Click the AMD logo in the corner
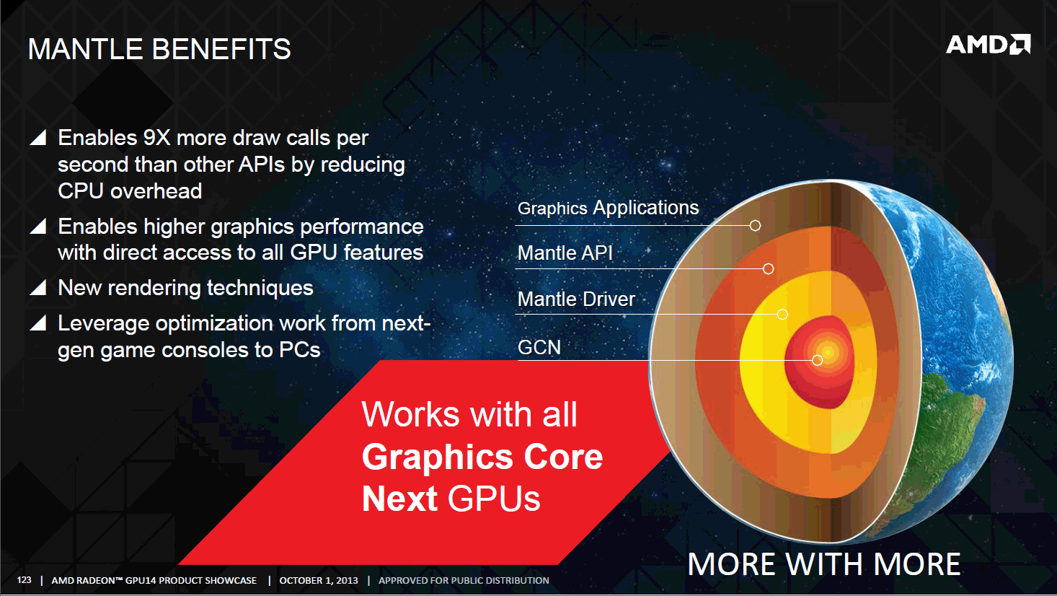click(x=988, y=45)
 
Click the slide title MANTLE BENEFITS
click(x=159, y=49)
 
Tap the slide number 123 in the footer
click(x=24, y=580)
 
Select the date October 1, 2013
click(x=319, y=580)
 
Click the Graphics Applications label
click(x=609, y=208)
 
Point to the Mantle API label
click(x=565, y=253)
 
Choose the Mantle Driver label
click(x=576, y=299)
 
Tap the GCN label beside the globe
click(x=539, y=348)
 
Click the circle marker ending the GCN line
click(x=818, y=360)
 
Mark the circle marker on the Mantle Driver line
click(x=782, y=314)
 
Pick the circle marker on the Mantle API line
click(x=768, y=268)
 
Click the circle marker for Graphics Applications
click(x=755, y=225)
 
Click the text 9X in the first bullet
click(x=156, y=138)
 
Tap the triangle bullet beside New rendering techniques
click(x=38, y=288)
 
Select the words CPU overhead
click(x=130, y=191)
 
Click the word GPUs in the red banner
click(x=494, y=499)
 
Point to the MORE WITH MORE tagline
click(x=824, y=564)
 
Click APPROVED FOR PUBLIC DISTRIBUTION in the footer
click(x=464, y=580)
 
